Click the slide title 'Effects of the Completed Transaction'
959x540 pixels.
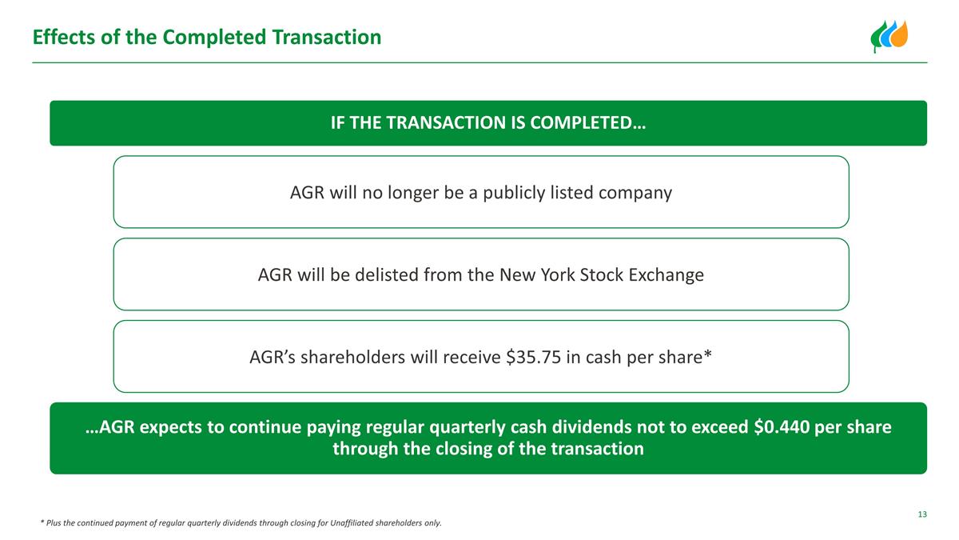[206, 37]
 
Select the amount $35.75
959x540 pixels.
[534, 358]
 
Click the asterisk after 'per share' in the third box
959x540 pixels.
[706, 354]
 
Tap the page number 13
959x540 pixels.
[921, 514]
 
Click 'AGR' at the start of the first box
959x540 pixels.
[307, 193]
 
